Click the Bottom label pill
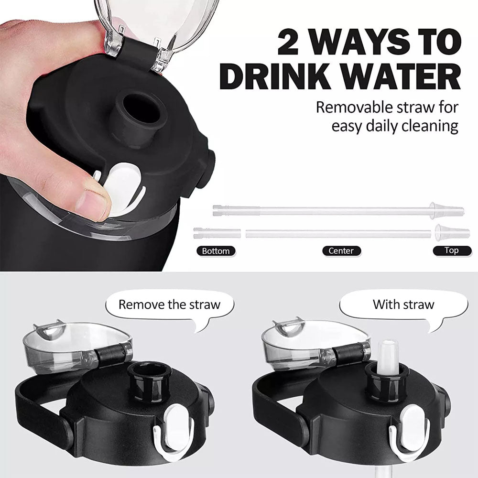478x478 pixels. pyautogui.click(x=216, y=251)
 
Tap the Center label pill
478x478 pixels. pyautogui.click(x=341, y=251)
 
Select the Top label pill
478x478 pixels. pyautogui.click(x=452, y=250)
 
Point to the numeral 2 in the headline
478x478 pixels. pyautogui.click(x=288, y=41)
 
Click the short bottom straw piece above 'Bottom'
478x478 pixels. pyautogui.click(x=217, y=233)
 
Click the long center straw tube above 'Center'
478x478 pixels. pyautogui.click(x=338, y=234)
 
